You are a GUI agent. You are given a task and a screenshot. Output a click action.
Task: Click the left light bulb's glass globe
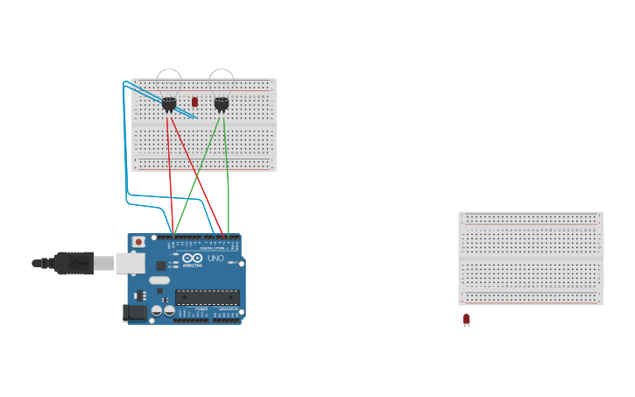click(169, 81)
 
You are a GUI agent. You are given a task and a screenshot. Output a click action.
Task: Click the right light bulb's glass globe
click(222, 81)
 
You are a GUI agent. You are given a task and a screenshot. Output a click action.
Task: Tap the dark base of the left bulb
click(169, 104)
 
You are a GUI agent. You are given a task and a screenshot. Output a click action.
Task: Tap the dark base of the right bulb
click(222, 104)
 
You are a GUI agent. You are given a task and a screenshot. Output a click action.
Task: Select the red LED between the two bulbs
click(194, 102)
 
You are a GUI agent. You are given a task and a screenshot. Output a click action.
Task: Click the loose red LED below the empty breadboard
click(466, 319)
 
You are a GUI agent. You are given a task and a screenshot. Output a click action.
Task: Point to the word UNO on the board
click(215, 258)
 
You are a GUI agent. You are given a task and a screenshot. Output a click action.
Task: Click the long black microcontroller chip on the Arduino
click(207, 297)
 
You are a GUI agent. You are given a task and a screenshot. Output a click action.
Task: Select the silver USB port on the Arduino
click(130, 263)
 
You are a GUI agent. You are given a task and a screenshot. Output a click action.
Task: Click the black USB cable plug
click(74, 263)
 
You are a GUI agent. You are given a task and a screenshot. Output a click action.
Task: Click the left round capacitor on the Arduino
click(157, 310)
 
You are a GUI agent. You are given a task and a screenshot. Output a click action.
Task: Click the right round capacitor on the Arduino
click(169, 310)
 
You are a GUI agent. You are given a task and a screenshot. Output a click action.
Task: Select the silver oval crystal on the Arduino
click(159, 280)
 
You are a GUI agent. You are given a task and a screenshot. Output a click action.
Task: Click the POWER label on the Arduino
click(201, 309)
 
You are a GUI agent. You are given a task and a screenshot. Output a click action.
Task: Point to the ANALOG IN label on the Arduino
click(227, 309)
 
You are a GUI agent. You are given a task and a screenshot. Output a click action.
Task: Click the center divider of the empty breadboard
click(531, 259)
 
